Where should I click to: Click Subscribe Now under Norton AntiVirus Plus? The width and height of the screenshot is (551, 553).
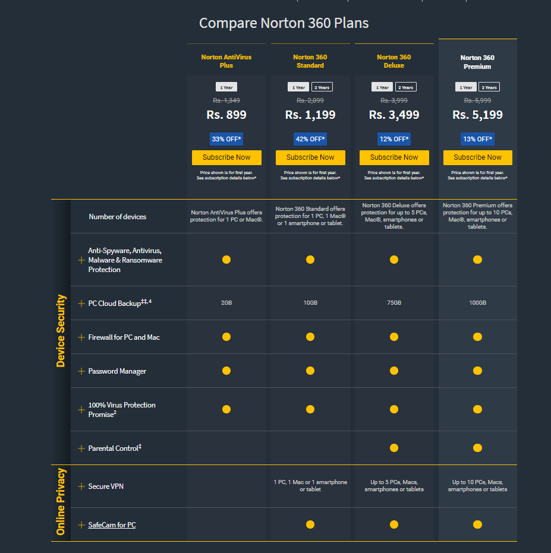pos(226,157)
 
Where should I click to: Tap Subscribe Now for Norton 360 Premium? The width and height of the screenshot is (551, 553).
pos(477,157)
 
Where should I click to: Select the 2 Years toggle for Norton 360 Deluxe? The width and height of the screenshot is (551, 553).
pos(405,87)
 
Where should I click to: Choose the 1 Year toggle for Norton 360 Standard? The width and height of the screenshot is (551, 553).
pos(298,87)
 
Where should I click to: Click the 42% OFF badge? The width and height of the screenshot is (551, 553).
pos(310,139)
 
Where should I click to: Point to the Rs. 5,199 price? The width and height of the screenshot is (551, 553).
pos(477,115)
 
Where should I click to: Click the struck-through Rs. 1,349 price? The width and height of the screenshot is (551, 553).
pos(226,100)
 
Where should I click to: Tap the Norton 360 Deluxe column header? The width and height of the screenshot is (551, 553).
pos(394,61)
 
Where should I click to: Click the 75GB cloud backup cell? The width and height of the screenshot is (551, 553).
pos(394,303)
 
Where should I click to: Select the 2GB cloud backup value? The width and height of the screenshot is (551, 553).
pos(226,303)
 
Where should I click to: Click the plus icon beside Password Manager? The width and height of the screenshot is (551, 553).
pos(81,371)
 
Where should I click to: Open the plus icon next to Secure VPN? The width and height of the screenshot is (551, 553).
pos(81,486)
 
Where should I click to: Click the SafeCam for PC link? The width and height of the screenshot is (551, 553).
pos(112,525)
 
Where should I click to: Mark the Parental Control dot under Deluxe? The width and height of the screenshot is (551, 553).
pos(394,448)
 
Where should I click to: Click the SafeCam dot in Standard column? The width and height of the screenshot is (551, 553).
pos(310,524)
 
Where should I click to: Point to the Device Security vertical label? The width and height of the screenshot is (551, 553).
pos(61,331)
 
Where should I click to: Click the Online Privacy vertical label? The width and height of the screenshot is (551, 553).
pos(61,502)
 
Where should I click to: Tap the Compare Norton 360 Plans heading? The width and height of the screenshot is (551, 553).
pos(284,23)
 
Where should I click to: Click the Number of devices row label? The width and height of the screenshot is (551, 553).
pos(117,217)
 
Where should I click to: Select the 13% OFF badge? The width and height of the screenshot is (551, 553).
pos(477,139)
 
